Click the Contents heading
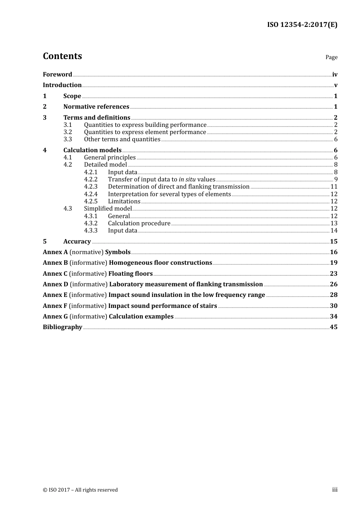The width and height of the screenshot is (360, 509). point(62,56)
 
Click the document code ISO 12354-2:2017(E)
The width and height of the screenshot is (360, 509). point(302,25)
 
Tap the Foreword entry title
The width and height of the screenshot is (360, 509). point(57,74)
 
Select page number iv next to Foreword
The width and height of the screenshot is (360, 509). point(335,74)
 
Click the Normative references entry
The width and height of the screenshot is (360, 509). point(96,106)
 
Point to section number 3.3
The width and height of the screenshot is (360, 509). point(67,139)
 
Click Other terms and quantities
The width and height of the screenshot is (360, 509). point(122,139)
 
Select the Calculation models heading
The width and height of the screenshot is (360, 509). point(92,150)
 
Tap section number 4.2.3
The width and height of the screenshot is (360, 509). point(91,186)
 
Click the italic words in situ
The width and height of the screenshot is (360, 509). point(187,179)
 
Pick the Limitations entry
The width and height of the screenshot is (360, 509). point(124,201)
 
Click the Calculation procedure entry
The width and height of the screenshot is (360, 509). point(139,223)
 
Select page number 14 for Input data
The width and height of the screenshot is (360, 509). point(334,230)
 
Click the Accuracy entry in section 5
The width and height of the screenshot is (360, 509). point(77,241)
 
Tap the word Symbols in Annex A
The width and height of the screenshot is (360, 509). point(118,252)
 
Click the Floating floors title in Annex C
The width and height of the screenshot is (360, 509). point(130,273)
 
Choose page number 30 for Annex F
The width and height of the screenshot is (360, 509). point(333,306)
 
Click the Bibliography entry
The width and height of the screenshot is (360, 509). point(63,327)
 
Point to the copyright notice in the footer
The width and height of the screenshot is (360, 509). point(80,490)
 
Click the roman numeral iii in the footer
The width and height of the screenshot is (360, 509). point(335,489)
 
